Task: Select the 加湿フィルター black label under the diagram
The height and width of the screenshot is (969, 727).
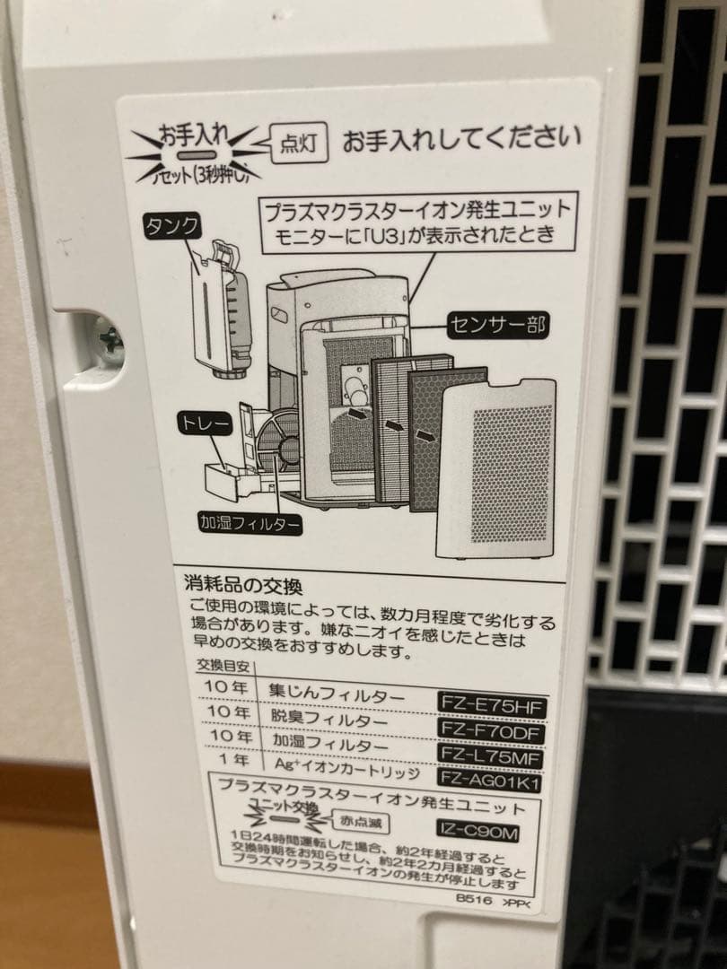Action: [250, 519]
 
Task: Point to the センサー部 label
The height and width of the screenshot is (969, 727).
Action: [497, 324]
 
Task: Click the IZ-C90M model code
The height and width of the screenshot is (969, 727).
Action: [478, 833]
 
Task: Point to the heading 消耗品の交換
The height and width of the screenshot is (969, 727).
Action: [242, 587]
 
